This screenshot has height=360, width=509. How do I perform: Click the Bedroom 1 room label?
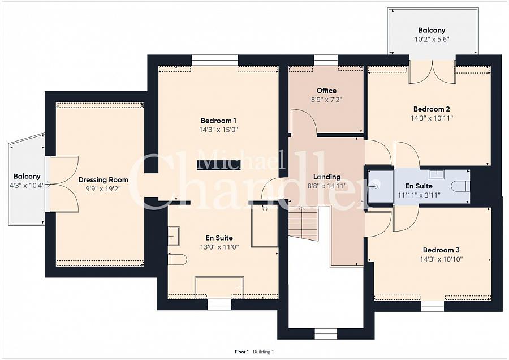[218, 121]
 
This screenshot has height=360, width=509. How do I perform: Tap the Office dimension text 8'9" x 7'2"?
[326, 100]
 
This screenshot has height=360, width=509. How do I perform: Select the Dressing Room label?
[103, 179]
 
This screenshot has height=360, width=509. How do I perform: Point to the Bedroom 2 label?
[432, 109]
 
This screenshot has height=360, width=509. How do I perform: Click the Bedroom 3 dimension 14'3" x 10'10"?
[441, 259]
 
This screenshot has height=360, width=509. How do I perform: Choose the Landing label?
[327, 177]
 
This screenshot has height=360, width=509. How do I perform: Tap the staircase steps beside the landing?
[303, 224]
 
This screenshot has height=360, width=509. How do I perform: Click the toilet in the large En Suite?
[178, 260]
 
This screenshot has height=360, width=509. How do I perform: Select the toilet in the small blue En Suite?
[460, 186]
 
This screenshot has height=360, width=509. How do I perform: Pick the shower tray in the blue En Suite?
[381, 187]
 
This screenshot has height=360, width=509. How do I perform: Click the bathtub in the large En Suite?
[219, 287]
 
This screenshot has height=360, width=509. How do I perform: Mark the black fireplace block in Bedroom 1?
[218, 165]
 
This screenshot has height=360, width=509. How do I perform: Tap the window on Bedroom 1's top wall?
[214, 60]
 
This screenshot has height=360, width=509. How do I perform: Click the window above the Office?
[326, 60]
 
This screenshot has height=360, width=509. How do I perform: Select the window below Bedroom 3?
[433, 306]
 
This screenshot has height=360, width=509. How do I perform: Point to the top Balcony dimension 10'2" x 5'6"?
[432, 40]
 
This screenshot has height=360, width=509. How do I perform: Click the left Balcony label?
[27, 177]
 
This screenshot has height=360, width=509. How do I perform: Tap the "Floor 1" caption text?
[242, 352]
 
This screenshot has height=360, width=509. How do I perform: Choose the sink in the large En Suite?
[174, 235]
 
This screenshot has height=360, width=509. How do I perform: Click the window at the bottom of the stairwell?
[326, 334]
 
